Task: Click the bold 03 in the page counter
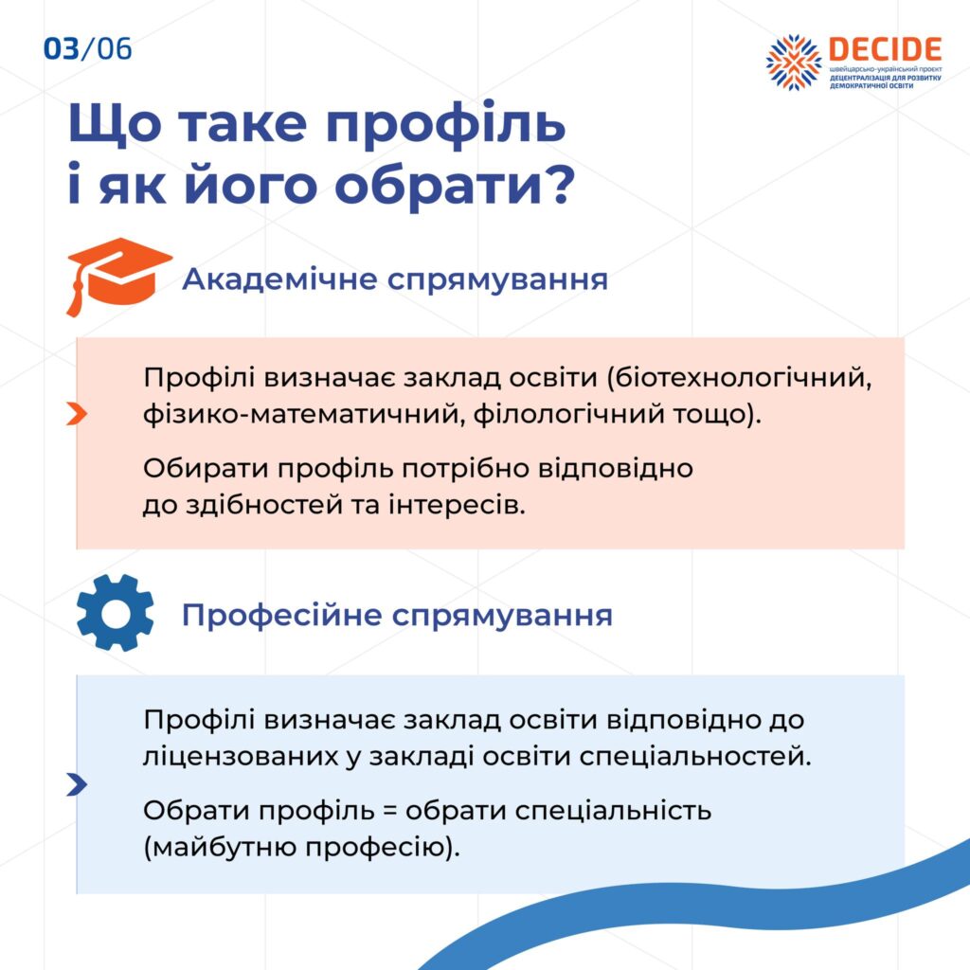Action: (62, 49)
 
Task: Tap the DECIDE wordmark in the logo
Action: (885, 49)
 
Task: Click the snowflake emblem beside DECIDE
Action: (794, 62)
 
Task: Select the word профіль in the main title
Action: (445, 124)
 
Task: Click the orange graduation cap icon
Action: (118, 276)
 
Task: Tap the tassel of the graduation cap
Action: (75, 296)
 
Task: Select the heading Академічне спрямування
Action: (395, 279)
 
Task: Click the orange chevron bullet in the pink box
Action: (77, 414)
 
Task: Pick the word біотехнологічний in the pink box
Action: (739, 377)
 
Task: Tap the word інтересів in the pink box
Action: (457, 505)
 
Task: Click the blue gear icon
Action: (115, 613)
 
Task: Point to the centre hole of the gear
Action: (115, 613)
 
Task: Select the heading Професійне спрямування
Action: (397, 616)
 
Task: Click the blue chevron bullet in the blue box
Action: (77, 784)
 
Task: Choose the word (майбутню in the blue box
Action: (220, 847)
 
